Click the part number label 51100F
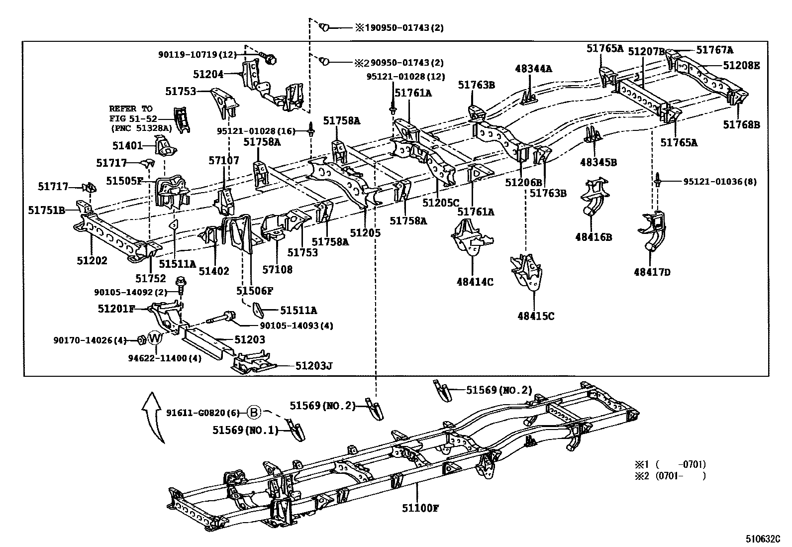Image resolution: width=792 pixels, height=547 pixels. click(420, 508)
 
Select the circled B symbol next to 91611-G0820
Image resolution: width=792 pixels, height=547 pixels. click(254, 412)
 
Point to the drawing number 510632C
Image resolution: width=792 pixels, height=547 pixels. click(763, 539)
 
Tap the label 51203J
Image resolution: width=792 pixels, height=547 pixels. click(313, 366)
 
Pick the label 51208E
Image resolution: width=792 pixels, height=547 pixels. click(741, 65)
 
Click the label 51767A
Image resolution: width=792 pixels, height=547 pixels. click(714, 50)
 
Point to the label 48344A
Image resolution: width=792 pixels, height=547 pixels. click(533, 69)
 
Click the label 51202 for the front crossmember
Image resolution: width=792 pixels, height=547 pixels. click(92, 260)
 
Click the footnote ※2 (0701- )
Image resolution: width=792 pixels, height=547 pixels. click(670, 475)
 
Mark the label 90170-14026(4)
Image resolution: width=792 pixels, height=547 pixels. click(90, 340)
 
